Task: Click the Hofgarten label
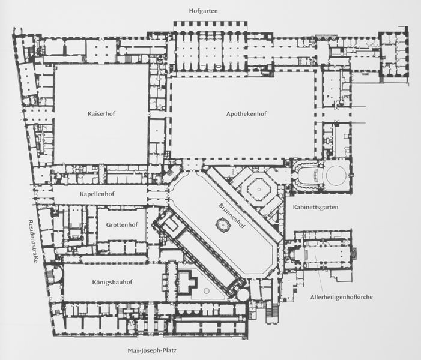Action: coord(203,11)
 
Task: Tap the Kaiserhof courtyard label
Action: coord(101,113)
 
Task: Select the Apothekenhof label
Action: coord(246,114)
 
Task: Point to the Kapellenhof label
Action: coord(97,194)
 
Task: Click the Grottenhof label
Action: coord(122,224)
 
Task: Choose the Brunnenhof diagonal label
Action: coord(232,216)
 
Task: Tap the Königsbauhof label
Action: coord(112,282)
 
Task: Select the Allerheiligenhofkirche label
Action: coord(342,297)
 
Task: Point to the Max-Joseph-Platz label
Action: coord(152,350)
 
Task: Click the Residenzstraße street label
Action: coord(33,241)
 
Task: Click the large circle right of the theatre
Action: coord(336,176)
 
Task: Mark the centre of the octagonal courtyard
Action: coord(259,189)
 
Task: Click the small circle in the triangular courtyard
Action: coord(207,291)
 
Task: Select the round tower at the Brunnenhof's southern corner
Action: coord(243,294)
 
